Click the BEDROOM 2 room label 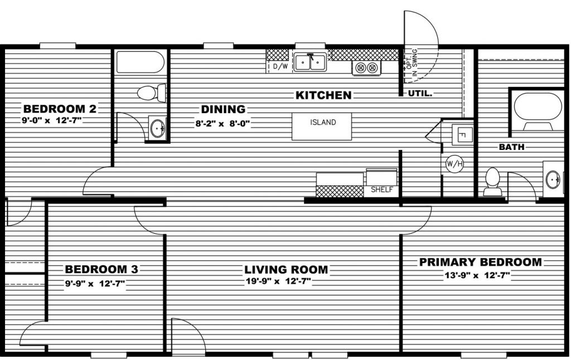60,109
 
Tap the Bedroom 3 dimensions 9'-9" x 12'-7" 95,284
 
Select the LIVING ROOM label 286,270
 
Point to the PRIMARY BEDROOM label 480,262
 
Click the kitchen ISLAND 322,127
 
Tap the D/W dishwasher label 280,67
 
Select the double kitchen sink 310,62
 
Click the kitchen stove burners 366,67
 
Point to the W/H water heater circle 454,164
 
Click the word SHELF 381,189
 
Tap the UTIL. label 420,93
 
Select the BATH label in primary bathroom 512,147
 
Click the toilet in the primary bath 493,182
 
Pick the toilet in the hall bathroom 152,93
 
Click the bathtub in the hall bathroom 140,62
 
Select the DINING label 223,109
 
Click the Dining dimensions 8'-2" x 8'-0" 222,123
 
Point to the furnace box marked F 462,135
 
